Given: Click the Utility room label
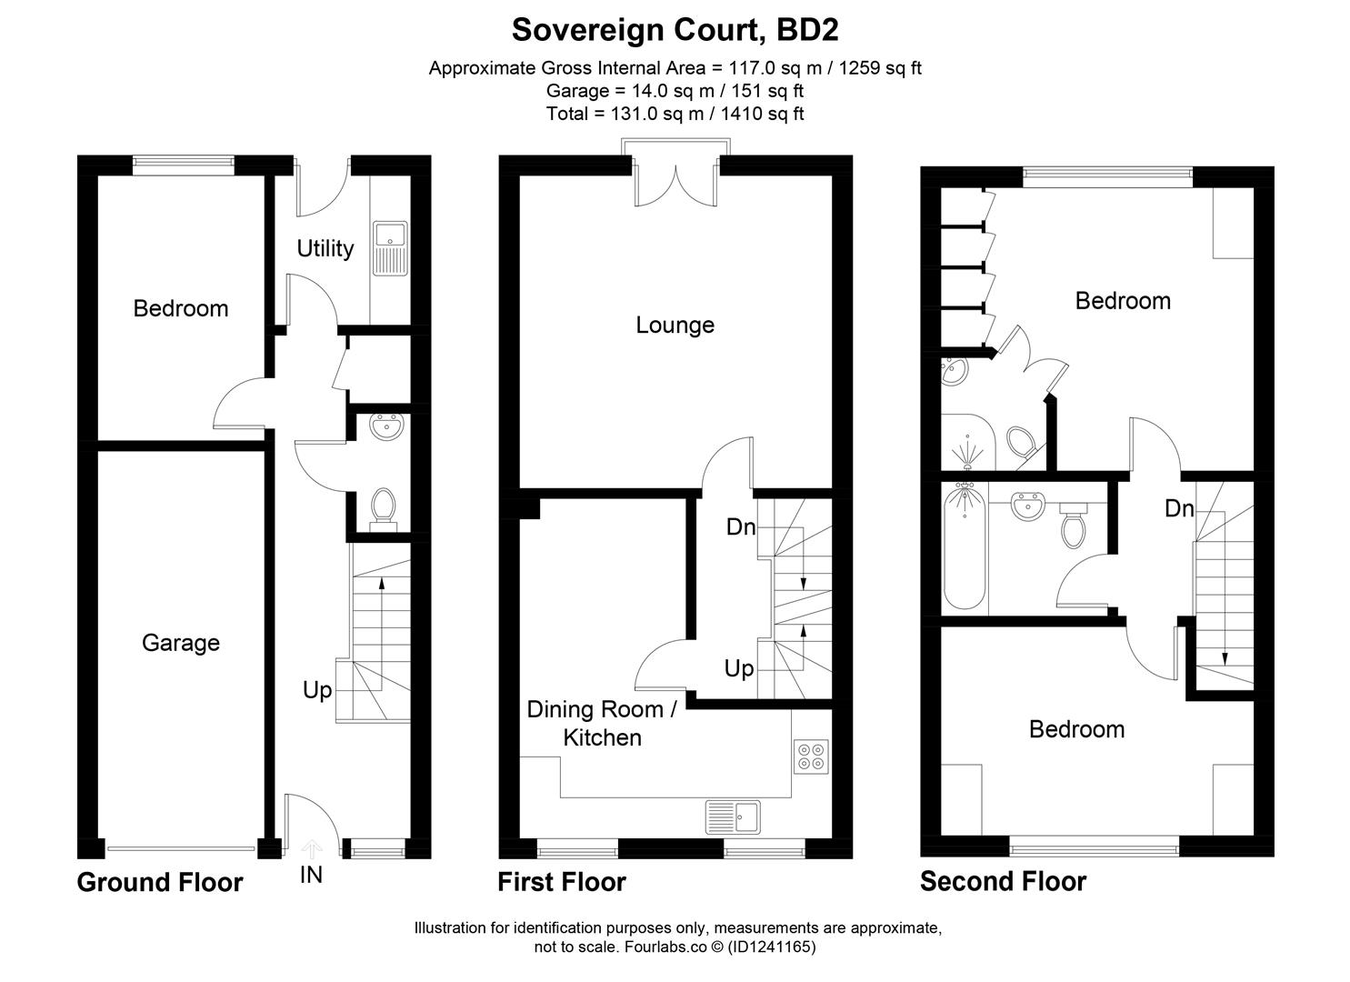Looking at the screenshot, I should [x=325, y=248].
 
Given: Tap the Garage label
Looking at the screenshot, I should [x=180, y=643].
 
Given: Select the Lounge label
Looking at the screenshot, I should [x=675, y=325].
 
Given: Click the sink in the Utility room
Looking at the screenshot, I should [x=391, y=247].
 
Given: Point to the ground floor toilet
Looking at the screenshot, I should [x=383, y=506].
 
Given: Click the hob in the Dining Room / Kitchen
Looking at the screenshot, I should [x=811, y=756].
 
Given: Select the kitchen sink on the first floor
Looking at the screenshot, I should [x=733, y=817].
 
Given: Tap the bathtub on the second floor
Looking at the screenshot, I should [x=964, y=546].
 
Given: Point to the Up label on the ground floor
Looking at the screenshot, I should [x=317, y=690].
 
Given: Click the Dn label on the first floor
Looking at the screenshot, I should [x=741, y=526].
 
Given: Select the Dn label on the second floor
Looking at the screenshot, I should [x=1179, y=508].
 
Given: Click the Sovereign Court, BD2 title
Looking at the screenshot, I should [x=675, y=29].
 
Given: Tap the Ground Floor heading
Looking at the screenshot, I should [x=160, y=882].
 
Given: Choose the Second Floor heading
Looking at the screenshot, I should [x=1003, y=881].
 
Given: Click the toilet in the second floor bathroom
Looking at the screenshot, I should [x=1073, y=526].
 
